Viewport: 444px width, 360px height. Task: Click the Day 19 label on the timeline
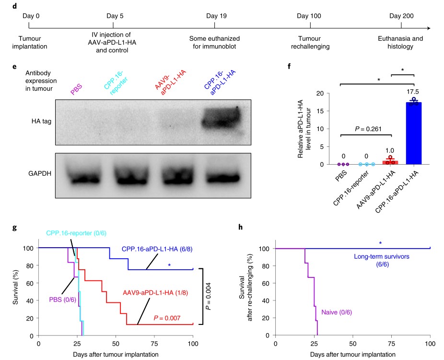point(217,15)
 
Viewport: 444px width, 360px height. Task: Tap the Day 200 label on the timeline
point(401,15)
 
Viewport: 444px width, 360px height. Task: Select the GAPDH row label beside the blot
point(38,174)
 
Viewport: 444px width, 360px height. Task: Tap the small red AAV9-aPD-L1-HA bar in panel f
point(390,162)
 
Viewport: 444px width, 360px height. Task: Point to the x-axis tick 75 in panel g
point(154,344)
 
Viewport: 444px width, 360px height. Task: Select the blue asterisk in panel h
point(380,243)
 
